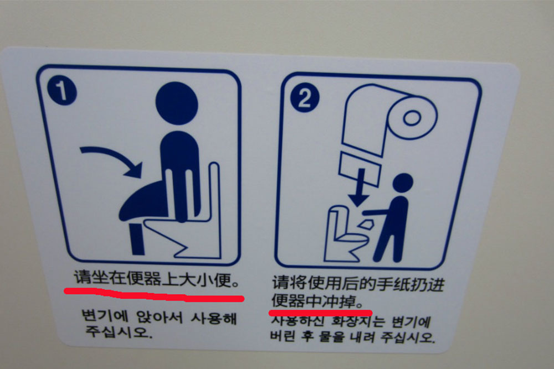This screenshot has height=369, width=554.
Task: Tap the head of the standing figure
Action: tap(403, 183)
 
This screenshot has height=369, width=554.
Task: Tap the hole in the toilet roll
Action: tap(412, 117)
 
